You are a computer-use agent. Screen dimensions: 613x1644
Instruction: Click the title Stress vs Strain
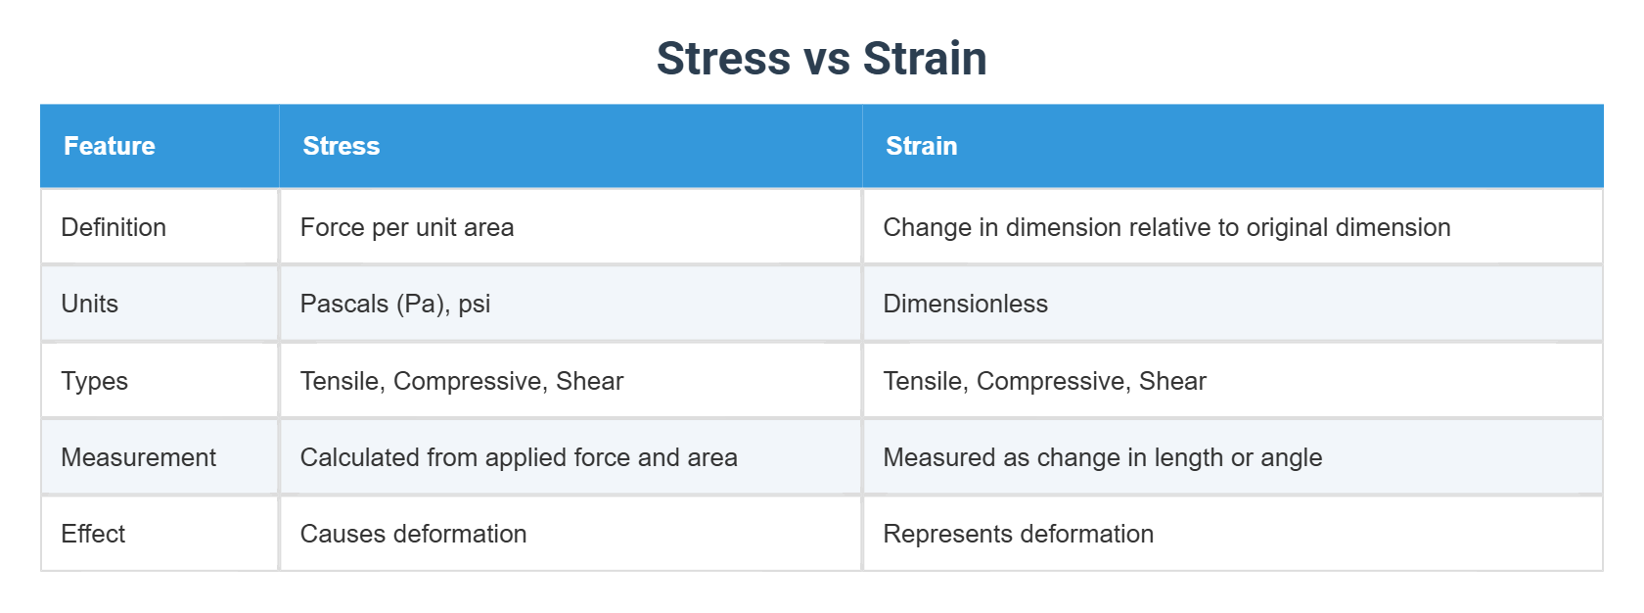click(821, 59)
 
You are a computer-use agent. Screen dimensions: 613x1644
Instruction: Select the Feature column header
click(110, 146)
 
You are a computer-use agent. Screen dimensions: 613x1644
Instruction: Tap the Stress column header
click(341, 146)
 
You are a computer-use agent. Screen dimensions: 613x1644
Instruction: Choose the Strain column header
click(921, 146)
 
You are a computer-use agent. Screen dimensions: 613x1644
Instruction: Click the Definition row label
click(114, 227)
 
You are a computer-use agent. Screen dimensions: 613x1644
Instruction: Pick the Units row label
click(90, 304)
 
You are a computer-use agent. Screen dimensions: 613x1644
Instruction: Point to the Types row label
click(95, 381)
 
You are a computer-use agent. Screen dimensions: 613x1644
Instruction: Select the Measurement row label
click(138, 457)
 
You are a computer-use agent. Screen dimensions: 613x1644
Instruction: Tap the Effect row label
click(93, 534)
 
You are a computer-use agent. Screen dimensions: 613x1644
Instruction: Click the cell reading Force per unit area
click(407, 227)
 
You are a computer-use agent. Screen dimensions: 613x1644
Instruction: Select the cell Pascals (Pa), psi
click(395, 304)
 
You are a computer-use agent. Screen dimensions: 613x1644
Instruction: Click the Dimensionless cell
click(965, 304)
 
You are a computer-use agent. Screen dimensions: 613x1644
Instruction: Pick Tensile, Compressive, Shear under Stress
click(462, 381)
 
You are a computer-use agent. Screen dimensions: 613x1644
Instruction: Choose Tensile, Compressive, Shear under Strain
click(1044, 381)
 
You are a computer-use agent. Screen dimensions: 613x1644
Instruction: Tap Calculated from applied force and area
click(519, 457)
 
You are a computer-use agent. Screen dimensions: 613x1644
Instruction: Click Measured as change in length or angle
click(1102, 457)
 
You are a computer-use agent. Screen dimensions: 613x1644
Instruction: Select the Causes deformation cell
click(413, 534)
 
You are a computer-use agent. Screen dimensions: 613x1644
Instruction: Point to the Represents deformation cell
click(1018, 534)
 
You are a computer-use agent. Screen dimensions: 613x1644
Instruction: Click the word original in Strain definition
click(1286, 228)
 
